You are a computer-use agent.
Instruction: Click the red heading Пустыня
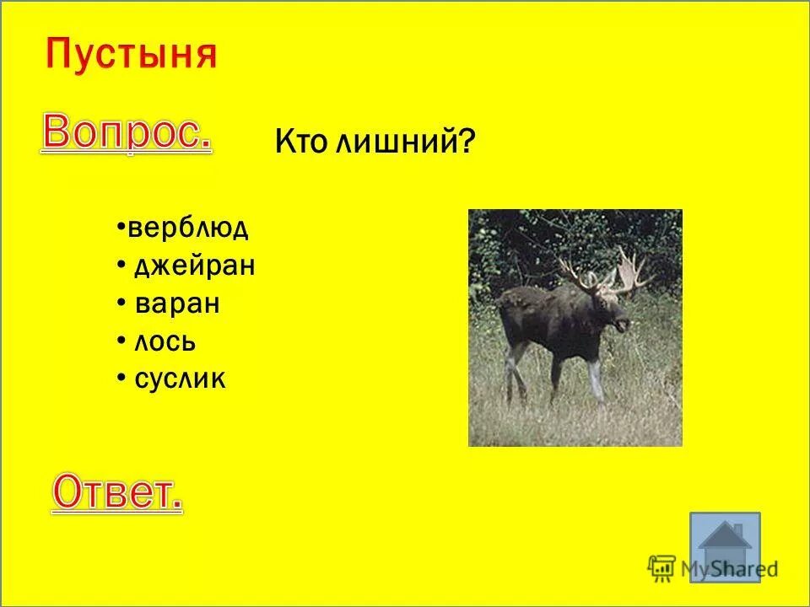(131, 55)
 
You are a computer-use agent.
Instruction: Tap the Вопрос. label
(126, 133)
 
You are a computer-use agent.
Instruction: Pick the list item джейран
(194, 266)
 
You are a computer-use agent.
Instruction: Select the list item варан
(177, 303)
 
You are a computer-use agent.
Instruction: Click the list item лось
(165, 341)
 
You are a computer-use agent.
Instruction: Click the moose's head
(613, 309)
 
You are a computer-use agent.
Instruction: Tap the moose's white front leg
(596, 379)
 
